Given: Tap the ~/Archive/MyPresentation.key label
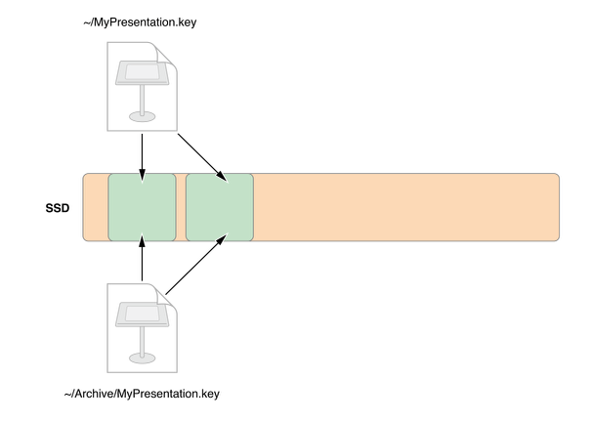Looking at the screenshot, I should [141, 395].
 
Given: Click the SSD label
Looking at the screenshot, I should [58, 207].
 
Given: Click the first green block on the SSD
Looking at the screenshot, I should [143, 207].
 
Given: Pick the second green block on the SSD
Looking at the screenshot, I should [220, 207].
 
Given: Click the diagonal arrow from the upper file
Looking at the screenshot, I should [202, 155].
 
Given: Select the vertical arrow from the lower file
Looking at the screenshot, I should [143, 259].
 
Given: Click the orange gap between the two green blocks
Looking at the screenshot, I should [181, 207].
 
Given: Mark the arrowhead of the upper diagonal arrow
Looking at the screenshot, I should [224, 177].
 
